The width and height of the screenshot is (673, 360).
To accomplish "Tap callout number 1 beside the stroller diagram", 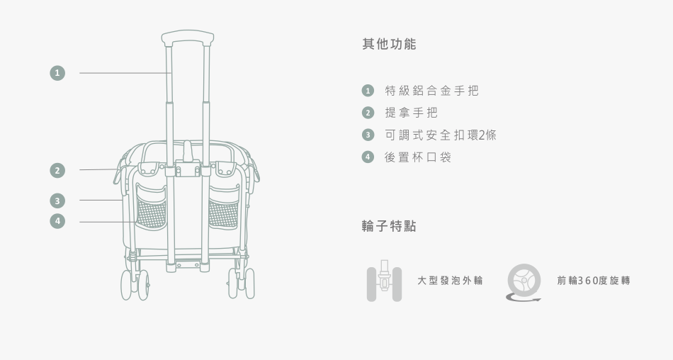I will tap(57, 72).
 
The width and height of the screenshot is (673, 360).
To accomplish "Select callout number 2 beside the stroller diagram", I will tap(57, 170).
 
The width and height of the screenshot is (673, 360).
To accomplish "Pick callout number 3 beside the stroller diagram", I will tap(57, 200).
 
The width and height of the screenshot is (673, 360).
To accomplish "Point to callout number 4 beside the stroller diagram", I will tap(57, 221).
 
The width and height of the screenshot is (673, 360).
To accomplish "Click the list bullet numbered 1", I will tap(367, 91).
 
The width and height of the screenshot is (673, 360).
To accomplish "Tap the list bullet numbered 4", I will tap(367, 157).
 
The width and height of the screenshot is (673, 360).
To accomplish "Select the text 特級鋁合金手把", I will tap(431, 91).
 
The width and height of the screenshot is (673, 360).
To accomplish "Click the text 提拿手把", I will tap(411, 113).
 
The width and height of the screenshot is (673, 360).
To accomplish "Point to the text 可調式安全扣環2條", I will tap(440, 135).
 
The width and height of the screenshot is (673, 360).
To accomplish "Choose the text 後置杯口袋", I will tap(417, 157).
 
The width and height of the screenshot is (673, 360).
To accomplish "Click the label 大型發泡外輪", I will tap(450, 281).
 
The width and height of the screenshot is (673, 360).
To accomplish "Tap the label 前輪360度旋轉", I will tap(593, 281).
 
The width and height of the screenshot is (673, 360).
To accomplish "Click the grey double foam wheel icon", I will tap(384, 281).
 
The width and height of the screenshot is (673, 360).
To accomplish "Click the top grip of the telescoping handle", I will tap(188, 37).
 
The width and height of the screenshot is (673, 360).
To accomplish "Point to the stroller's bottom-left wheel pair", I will tap(135, 284).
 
